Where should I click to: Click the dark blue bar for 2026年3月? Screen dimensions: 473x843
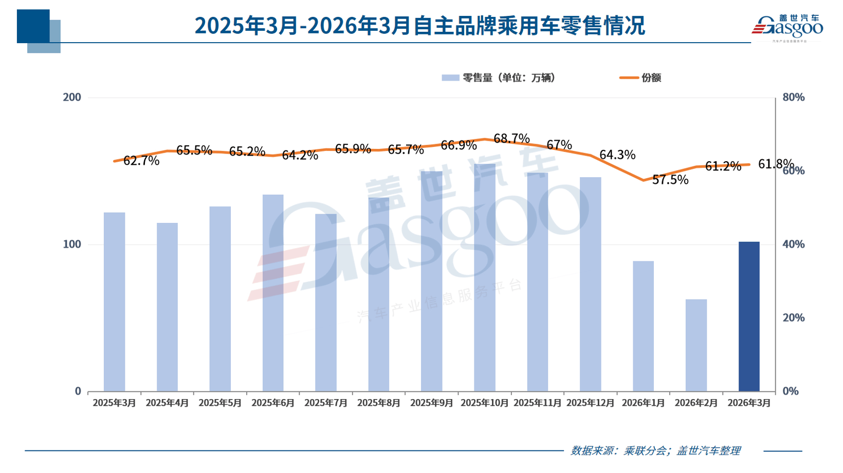click(748, 316)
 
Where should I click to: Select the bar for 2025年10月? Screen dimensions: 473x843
click(484, 277)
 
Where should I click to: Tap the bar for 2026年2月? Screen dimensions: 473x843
click(695, 345)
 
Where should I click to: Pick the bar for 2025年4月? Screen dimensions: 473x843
click(167, 307)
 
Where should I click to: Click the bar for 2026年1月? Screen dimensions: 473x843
click(643, 326)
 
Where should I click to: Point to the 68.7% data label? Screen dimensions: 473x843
click(511, 139)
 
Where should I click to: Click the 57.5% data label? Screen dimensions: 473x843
click(670, 180)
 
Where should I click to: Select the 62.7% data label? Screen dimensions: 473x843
click(141, 161)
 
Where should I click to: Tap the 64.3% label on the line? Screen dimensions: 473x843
click(617, 155)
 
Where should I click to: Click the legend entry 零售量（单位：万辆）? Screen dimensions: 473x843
click(499, 78)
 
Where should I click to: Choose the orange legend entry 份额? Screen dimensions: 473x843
click(640, 78)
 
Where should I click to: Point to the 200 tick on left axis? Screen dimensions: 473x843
click(72, 97)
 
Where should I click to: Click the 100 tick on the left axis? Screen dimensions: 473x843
click(72, 244)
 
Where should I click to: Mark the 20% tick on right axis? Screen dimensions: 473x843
click(793, 317)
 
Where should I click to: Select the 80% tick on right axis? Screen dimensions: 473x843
click(793, 97)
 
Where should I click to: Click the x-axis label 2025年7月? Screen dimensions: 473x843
click(326, 403)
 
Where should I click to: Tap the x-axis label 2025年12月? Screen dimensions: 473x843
click(590, 403)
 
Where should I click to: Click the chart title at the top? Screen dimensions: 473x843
click(419, 26)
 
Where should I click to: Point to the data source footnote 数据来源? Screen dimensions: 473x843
click(655, 451)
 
